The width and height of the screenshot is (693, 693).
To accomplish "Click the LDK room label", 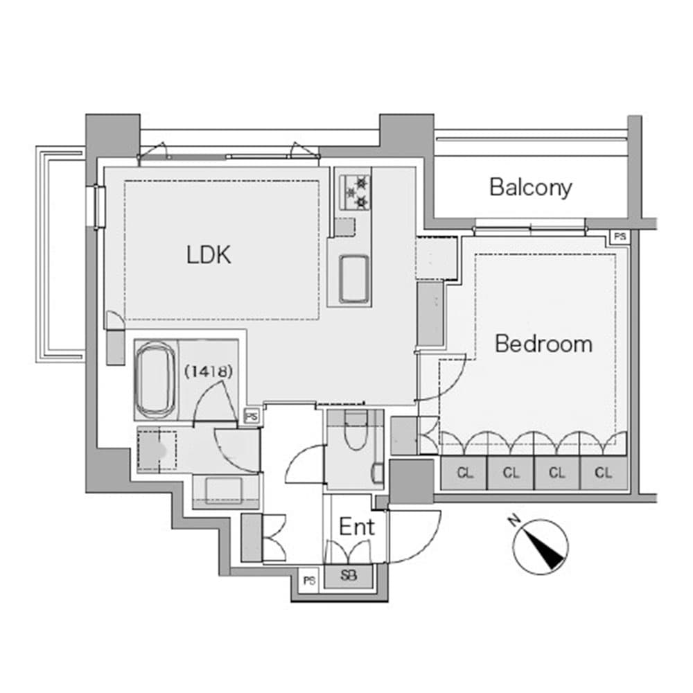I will click(209, 255).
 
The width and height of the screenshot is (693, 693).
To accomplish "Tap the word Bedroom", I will click(543, 344).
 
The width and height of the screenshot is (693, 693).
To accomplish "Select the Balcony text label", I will click(531, 187).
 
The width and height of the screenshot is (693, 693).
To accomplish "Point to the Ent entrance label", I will click(357, 527).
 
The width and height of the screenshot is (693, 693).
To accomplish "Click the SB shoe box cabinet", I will click(349, 575).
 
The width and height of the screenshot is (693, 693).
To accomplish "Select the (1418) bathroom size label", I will click(208, 371).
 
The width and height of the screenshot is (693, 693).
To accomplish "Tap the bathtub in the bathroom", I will click(154, 381).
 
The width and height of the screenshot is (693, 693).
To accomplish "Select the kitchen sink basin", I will click(354, 277).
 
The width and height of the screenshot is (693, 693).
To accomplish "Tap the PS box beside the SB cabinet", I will click(308, 581).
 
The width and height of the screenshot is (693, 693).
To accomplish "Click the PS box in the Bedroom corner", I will click(620, 237).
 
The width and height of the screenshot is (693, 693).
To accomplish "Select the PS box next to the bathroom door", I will click(251, 416).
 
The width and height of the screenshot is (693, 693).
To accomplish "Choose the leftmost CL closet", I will click(464, 474).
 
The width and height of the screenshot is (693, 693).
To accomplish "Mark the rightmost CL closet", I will click(604, 474).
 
